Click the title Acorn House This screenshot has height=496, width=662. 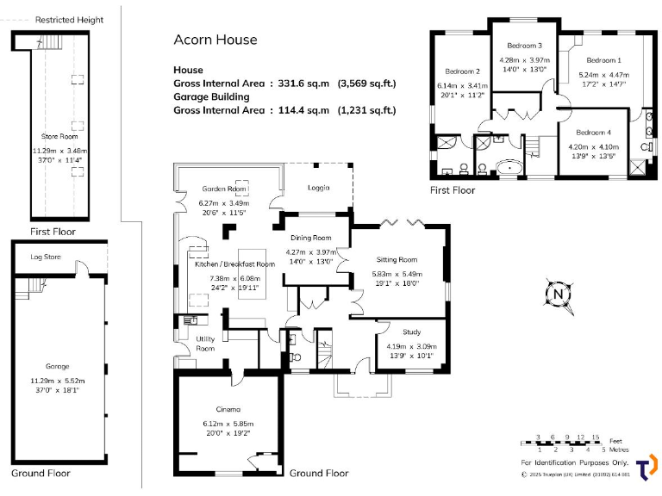[215, 40]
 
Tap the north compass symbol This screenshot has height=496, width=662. [559, 294]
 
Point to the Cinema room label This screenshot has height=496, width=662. [228, 409]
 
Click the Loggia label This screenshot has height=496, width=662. [319, 189]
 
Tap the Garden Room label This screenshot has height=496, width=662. [219, 189]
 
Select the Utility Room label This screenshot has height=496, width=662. [205, 343]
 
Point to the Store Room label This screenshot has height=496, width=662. [59, 137]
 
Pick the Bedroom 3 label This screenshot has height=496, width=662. [524, 46]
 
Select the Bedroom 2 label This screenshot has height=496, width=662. [462, 71]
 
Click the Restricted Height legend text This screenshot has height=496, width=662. [69, 20]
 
